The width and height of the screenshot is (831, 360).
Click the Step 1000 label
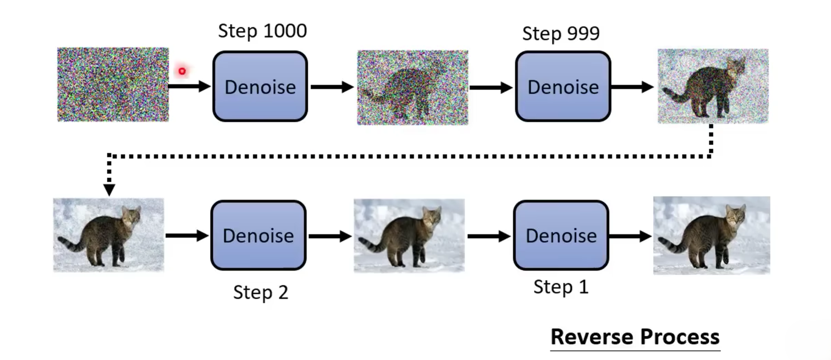262,31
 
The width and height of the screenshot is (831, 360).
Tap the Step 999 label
561,34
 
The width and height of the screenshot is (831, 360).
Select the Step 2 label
261,293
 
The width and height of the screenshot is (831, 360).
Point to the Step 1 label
561,287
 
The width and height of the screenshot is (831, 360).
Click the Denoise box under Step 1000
260,86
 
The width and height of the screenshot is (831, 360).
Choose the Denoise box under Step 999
563,86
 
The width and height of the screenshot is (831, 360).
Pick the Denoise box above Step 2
258,236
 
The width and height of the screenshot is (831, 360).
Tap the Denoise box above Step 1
561,236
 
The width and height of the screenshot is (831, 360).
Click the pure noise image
113,85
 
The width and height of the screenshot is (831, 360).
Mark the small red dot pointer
182,71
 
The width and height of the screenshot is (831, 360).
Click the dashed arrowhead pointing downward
109,189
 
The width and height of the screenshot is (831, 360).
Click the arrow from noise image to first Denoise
189,86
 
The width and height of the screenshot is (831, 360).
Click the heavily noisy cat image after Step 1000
413,87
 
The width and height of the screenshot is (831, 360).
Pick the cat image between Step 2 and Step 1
409,236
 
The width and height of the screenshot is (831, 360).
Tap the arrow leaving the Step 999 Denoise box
632,87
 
